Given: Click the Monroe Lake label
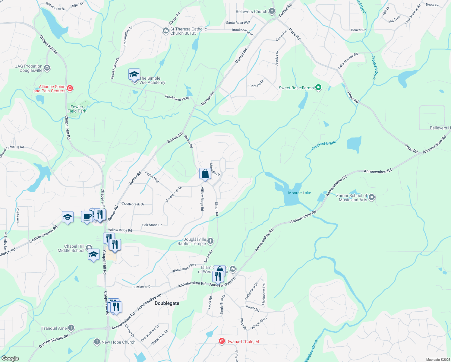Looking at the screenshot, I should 299,193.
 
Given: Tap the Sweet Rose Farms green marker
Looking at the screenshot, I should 318,88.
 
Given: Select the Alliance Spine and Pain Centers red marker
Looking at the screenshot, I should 70,88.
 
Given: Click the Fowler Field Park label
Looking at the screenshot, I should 77,109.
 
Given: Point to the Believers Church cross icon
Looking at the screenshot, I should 272,11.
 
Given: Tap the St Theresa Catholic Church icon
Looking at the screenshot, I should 166,31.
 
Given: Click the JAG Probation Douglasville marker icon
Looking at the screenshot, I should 47,68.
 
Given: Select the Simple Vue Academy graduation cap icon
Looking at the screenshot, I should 134,74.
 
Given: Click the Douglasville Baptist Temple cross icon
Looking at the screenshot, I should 210,241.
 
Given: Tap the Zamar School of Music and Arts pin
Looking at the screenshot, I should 372,198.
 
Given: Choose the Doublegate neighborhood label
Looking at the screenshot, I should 167,303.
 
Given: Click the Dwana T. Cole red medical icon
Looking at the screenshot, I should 222,341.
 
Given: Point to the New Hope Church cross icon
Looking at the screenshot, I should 97,342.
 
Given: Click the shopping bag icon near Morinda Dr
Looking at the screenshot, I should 205,174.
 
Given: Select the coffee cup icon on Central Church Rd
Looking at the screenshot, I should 87,217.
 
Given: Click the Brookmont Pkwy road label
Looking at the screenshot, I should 177,98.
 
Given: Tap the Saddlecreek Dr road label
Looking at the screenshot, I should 133,204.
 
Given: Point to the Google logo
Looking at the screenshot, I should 10,358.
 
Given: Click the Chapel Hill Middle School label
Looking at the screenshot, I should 71,248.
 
